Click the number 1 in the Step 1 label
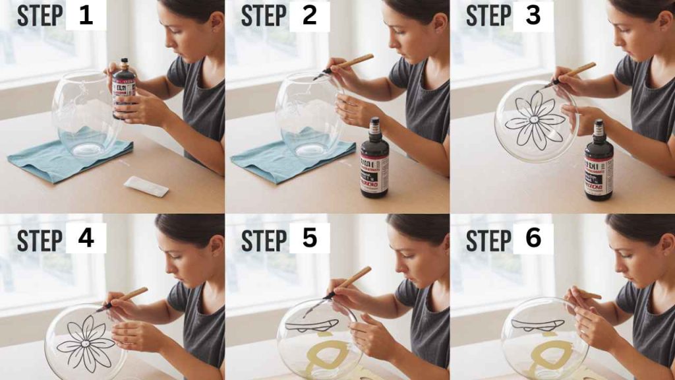tap(86, 16)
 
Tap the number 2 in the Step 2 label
tap(309, 16)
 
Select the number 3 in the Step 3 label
tap(533, 16)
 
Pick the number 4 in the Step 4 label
tap(86, 238)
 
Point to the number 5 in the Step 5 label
tap(309, 238)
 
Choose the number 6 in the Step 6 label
tap(533, 238)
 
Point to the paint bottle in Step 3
tap(599, 163)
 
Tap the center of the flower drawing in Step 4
tap(86, 342)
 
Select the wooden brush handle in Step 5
tap(354, 278)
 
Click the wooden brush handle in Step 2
tap(355, 61)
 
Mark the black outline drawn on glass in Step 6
tap(537, 325)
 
